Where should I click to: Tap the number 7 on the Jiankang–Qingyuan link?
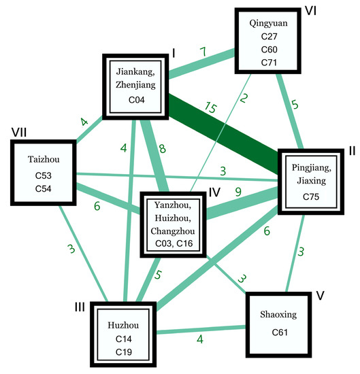pos(201,52)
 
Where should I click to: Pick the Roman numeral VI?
pos(310,12)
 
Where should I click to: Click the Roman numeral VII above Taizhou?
pos(20,129)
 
